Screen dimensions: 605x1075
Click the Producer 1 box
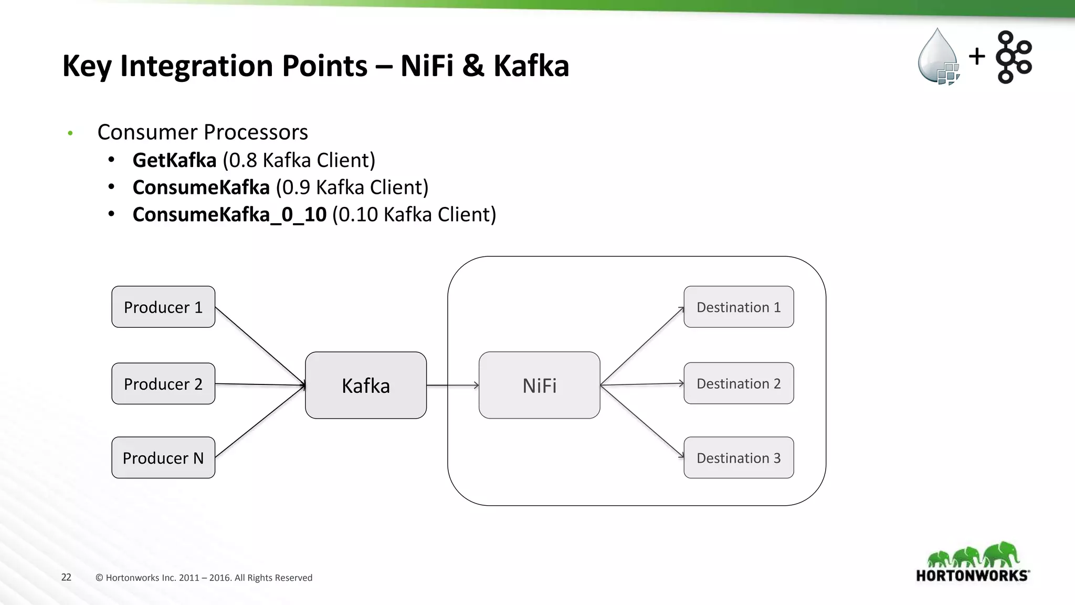coord(163,307)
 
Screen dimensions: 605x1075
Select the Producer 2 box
coord(163,383)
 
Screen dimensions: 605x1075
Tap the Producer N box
coord(163,457)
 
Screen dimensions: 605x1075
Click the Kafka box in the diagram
coord(366,385)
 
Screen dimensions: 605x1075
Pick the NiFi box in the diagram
coord(539,385)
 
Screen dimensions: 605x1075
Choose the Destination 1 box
coord(739,307)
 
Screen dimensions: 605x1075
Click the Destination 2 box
coord(739,383)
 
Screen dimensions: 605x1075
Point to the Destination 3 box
coord(739,457)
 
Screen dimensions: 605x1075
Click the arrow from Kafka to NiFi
coord(452,385)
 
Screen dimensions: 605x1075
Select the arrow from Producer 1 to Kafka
coord(260,346)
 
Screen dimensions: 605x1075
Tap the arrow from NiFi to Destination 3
coord(642,421)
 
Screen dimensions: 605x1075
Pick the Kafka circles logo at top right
coord(1014,57)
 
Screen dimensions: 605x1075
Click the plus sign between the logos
coord(977,56)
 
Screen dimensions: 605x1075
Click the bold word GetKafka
coord(174,160)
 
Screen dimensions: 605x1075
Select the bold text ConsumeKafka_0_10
coord(229,215)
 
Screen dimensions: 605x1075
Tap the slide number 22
coord(66,577)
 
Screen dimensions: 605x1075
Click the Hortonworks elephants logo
coord(973,562)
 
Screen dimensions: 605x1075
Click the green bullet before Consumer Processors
coord(70,133)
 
